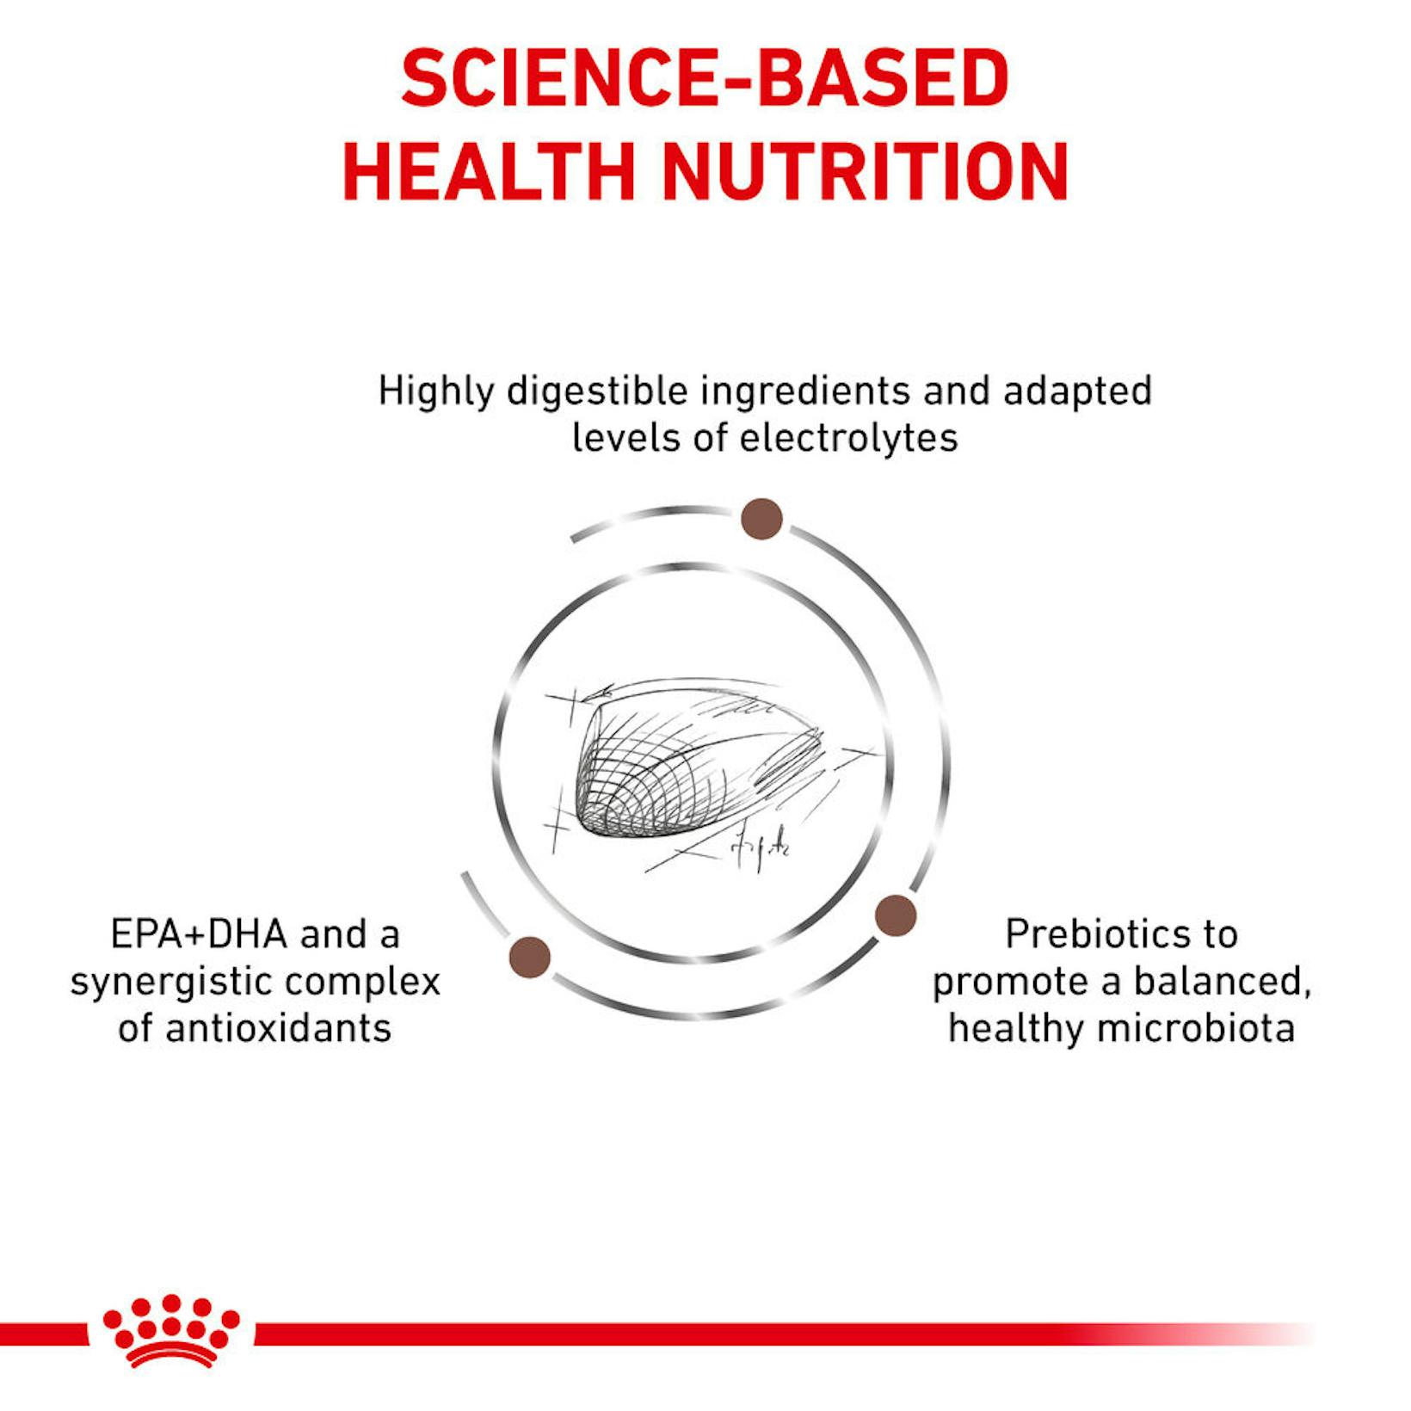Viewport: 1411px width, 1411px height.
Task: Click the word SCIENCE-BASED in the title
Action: coord(705,78)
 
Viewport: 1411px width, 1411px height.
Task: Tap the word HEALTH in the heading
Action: coord(489,171)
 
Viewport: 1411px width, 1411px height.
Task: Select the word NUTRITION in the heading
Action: coord(865,171)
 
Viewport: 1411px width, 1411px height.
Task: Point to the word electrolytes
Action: coord(848,438)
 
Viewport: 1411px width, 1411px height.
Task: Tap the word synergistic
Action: coord(182,983)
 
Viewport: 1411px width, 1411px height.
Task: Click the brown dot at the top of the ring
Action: coord(761,519)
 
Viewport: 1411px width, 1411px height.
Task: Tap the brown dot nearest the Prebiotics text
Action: coord(896,915)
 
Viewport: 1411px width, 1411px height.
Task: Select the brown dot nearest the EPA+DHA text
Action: coord(530,958)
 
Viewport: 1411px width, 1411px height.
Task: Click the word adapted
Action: coord(1077,391)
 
